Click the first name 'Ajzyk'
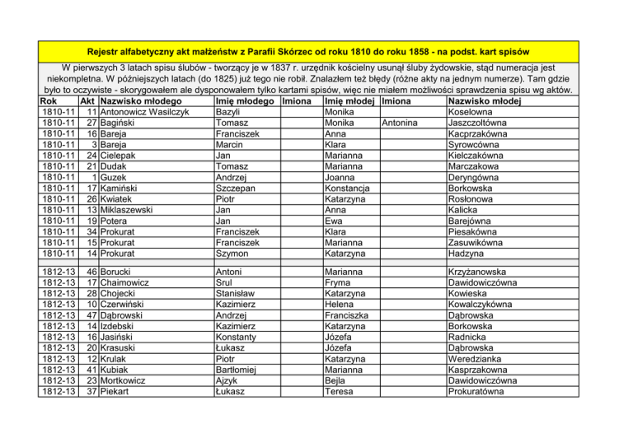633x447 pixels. click(x=227, y=380)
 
